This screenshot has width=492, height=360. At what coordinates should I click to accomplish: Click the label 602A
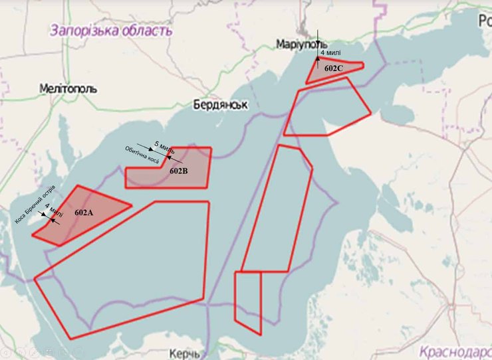84,213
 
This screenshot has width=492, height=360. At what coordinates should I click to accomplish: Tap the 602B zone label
179,171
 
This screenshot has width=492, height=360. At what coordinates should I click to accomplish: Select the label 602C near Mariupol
334,68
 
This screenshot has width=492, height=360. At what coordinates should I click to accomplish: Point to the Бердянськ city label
221,105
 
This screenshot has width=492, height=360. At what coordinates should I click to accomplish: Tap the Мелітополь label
68,88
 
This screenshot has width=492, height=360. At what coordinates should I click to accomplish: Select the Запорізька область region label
110,30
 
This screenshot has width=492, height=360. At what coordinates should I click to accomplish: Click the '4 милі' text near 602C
331,52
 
